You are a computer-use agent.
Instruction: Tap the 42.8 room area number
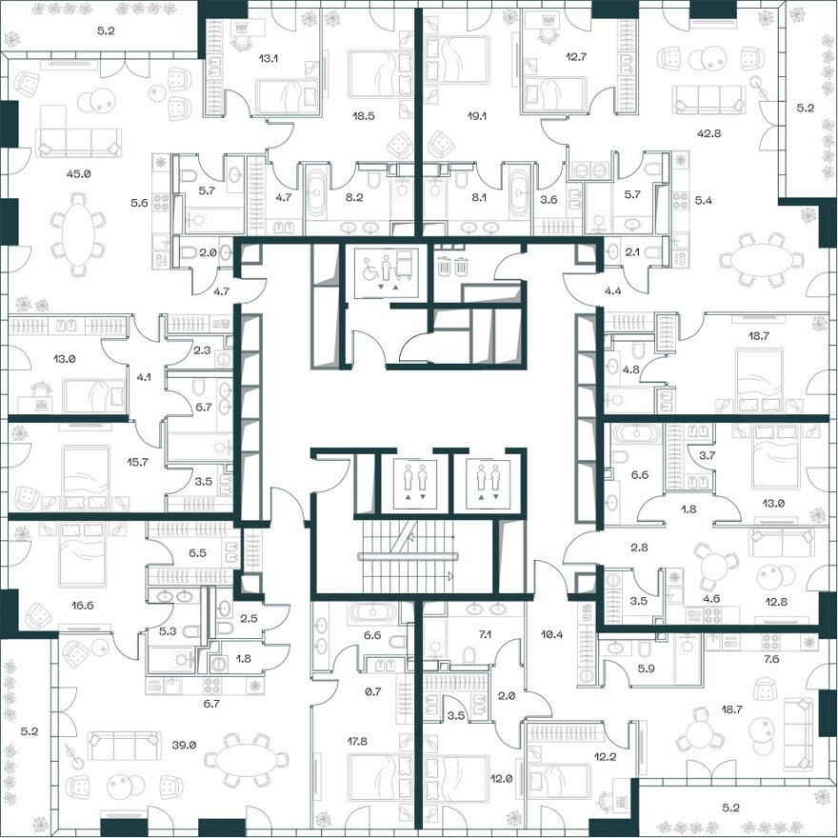(x=708, y=133)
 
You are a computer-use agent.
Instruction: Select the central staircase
(x=408, y=556)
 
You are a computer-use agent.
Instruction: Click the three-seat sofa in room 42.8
(x=708, y=99)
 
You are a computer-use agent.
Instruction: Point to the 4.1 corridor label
(x=144, y=376)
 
